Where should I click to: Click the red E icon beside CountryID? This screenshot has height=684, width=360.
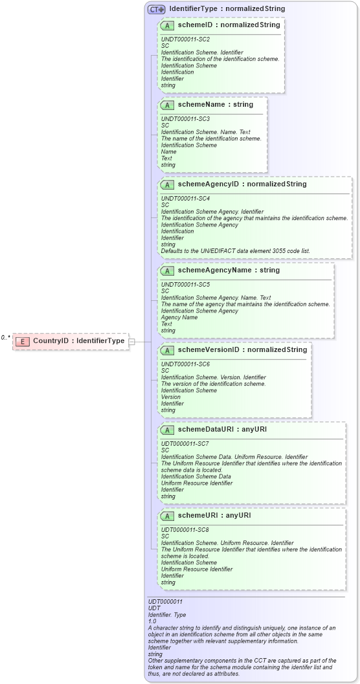click(23, 341)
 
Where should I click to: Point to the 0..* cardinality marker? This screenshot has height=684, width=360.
click(6, 337)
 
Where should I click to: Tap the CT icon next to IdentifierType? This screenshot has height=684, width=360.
click(156, 9)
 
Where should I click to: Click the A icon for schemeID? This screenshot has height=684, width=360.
click(167, 25)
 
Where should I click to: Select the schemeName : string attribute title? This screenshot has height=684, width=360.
click(216, 104)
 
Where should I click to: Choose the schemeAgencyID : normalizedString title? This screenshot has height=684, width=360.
click(242, 184)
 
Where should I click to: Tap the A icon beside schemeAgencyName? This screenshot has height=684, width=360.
click(167, 270)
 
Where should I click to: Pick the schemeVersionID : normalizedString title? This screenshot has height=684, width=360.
click(242, 349)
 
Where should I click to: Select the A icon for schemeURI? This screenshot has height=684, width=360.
click(167, 515)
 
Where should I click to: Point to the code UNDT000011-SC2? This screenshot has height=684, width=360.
click(185, 39)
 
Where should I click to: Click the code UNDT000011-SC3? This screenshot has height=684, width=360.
click(185, 118)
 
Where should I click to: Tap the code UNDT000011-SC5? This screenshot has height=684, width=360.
click(185, 284)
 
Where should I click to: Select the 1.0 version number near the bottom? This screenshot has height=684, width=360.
click(153, 621)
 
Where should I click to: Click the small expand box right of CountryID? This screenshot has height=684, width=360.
click(131, 341)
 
